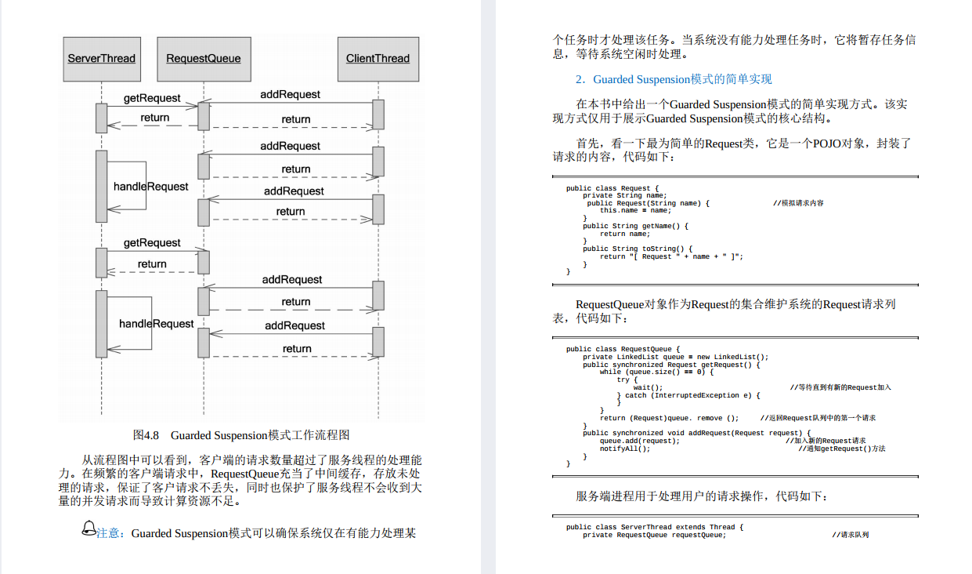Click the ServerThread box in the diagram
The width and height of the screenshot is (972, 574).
(x=101, y=59)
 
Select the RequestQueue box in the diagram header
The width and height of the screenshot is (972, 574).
(x=204, y=59)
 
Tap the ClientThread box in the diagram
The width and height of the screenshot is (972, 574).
(x=378, y=59)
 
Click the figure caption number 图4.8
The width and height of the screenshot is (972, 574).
(x=146, y=435)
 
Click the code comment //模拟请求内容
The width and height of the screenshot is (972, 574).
(x=798, y=203)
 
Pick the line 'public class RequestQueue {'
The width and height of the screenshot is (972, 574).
(x=623, y=349)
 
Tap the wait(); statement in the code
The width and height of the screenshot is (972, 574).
(x=648, y=387)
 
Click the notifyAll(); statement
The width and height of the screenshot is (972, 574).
(x=625, y=448)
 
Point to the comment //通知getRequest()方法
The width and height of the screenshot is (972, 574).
(x=841, y=448)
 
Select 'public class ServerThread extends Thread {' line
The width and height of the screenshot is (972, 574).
(x=655, y=527)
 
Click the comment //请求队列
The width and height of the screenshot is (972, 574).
(x=850, y=535)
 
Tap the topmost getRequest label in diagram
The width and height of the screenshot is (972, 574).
(x=152, y=98)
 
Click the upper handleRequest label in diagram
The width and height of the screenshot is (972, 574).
(x=150, y=187)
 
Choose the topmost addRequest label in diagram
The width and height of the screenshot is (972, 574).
(x=290, y=94)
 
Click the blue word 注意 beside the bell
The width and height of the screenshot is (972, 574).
(x=110, y=534)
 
